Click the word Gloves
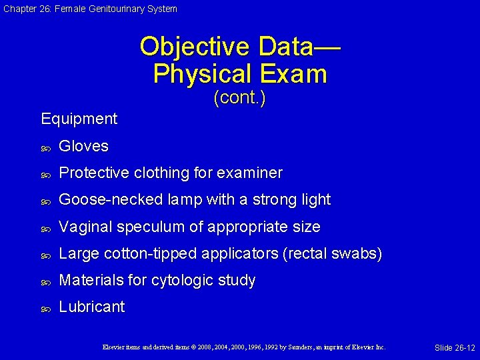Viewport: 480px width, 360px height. (x=83, y=146)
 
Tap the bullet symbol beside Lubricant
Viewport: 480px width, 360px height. (x=45, y=309)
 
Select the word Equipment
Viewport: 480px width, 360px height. (x=79, y=119)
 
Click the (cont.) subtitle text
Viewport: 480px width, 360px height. (x=239, y=98)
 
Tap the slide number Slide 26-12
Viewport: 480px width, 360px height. (x=455, y=348)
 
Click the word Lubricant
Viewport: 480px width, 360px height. (x=92, y=307)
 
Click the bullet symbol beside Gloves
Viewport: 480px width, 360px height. (x=45, y=147)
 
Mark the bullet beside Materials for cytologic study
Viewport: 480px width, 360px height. (x=45, y=282)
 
